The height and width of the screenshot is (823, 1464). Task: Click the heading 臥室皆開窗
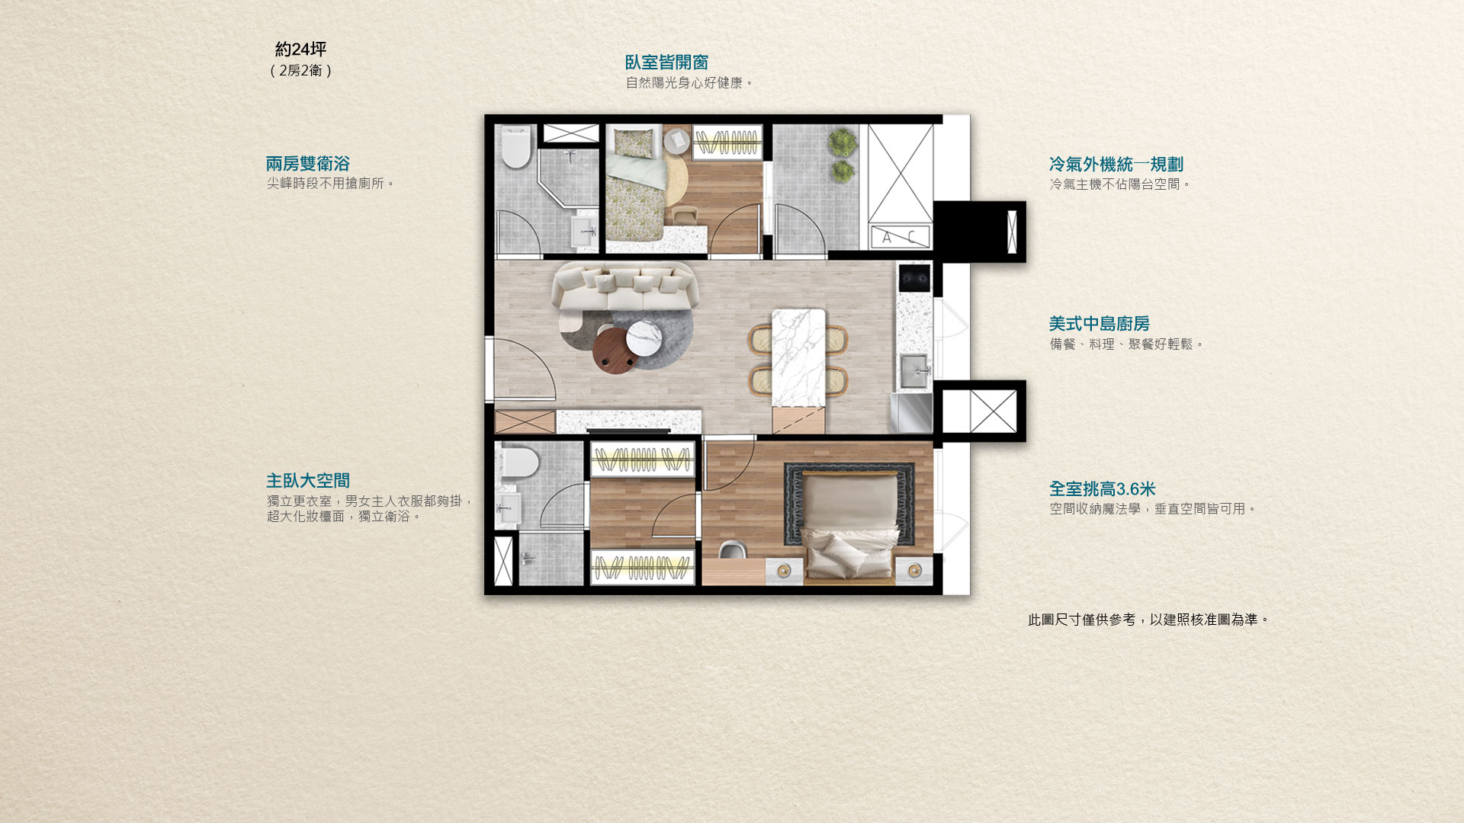[666, 62]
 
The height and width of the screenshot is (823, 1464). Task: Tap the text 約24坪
[300, 50]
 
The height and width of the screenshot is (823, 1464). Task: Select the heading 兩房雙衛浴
[307, 164]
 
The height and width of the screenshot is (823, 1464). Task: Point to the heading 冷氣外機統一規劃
[1116, 165]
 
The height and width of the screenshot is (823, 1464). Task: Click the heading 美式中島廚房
[1099, 324]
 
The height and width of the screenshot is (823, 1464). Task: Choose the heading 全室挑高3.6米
[1102, 489]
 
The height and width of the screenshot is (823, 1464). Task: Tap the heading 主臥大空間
[307, 481]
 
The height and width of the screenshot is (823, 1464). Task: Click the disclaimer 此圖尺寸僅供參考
[1081, 620]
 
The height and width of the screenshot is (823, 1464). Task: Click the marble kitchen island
[798, 357]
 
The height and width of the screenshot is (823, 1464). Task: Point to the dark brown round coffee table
[615, 351]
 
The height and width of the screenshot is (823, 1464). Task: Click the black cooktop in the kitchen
[914, 278]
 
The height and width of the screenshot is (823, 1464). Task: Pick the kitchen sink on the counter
[914, 371]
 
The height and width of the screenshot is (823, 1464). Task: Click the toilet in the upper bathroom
[515, 148]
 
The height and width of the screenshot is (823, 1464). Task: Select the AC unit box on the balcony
[901, 237]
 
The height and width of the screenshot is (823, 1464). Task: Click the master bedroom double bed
[849, 527]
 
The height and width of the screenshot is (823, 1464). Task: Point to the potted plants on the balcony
[842, 155]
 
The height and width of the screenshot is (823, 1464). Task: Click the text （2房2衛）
[300, 71]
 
